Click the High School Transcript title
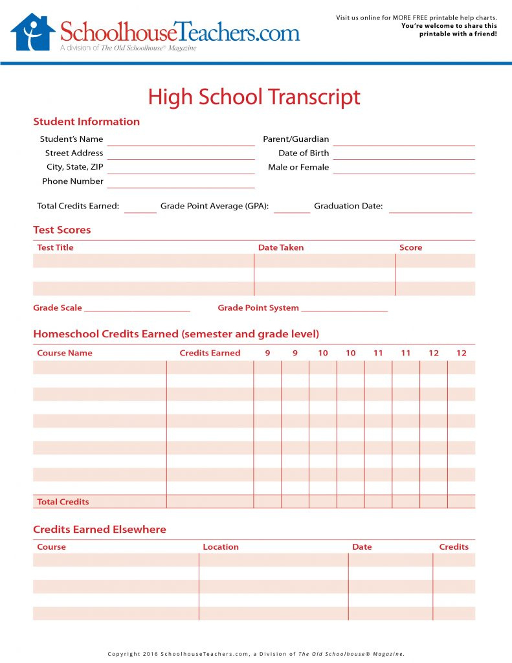click(x=254, y=97)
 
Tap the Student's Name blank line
click(x=181, y=143)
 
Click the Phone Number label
click(x=72, y=181)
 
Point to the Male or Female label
click(x=298, y=167)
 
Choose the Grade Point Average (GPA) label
click(x=215, y=206)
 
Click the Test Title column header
click(x=55, y=247)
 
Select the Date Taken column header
click(x=280, y=247)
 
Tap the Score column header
click(x=410, y=247)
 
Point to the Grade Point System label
click(x=258, y=308)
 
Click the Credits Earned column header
click(x=210, y=353)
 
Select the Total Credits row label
click(x=63, y=502)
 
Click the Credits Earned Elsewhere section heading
click(x=100, y=529)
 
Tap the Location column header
click(x=221, y=546)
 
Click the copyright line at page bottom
click(x=256, y=654)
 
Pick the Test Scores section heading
click(x=62, y=230)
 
